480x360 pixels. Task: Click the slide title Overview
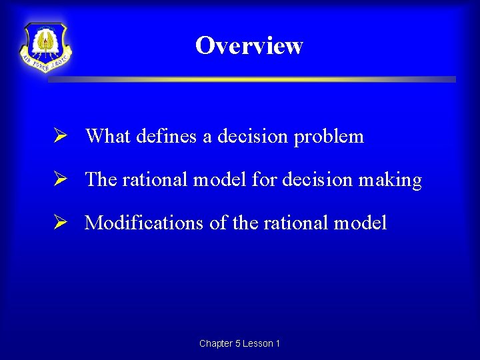tap(249, 45)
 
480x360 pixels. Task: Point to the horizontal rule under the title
tap(252, 79)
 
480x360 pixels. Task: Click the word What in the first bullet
tap(108, 136)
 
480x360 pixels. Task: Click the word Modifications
tap(143, 223)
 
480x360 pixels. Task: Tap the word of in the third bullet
tap(218, 223)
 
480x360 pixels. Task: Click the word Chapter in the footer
tap(216, 343)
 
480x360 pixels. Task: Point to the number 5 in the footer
tap(239, 343)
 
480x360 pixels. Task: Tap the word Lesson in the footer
tap(259, 343)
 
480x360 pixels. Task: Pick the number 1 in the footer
tap(277, 343)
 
